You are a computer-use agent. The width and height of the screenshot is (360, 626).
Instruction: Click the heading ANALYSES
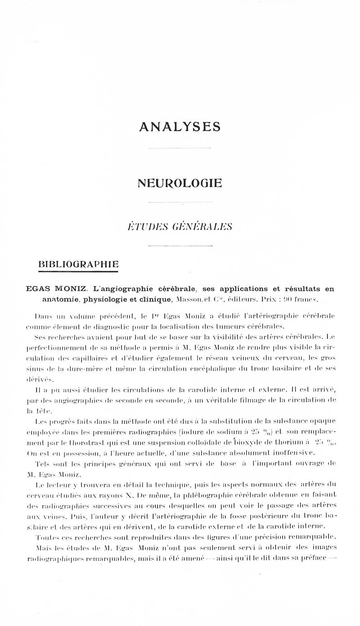(180, 127)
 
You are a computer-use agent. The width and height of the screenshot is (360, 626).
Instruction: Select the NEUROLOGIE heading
(180, 183)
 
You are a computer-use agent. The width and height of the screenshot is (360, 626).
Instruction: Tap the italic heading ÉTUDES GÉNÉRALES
(180, 227)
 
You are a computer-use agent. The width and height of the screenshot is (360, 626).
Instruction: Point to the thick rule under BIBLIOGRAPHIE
(79, 271)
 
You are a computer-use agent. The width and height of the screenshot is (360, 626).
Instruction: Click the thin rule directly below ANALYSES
(180, 148)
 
